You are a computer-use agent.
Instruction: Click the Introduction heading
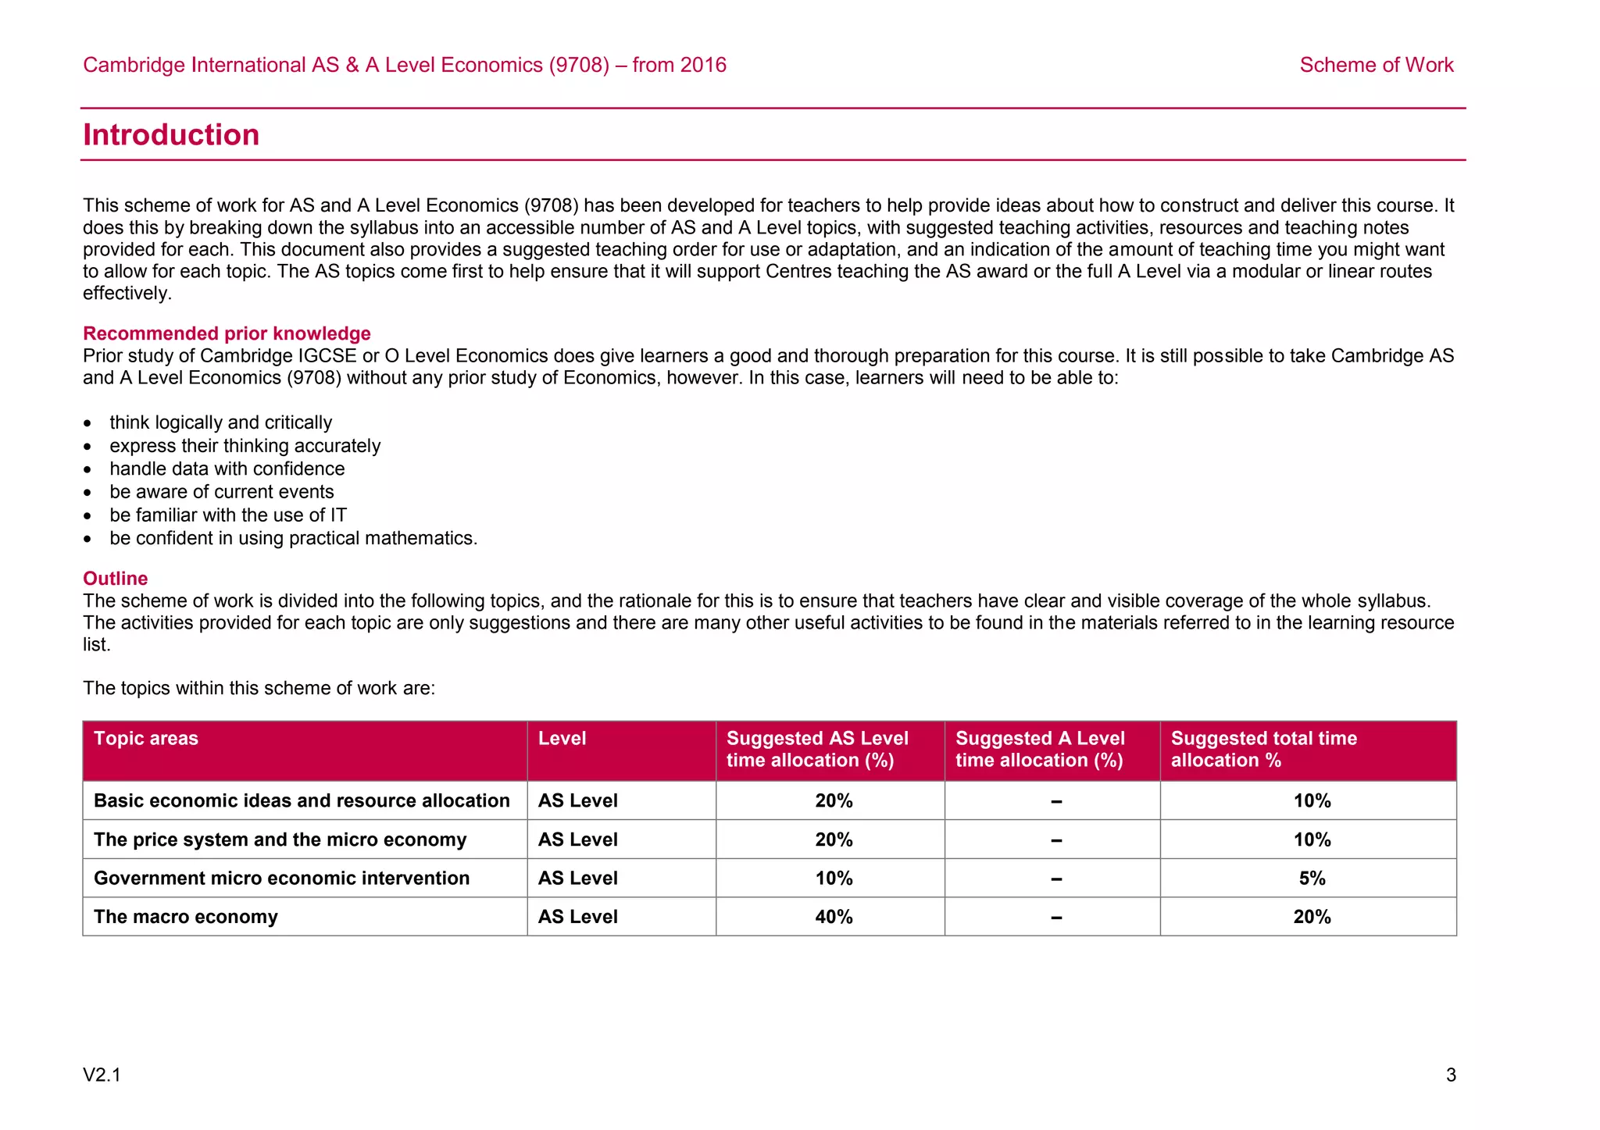coord(171,135)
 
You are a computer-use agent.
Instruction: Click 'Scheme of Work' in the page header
coord(1376,65)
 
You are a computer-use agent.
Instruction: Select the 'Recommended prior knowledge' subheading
coord(227,333)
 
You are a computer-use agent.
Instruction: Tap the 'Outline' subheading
coord(116,579)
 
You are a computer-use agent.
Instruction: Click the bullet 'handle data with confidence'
coord(227,469)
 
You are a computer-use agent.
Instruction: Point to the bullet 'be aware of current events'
coord(221,492)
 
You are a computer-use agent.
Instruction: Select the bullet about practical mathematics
coord(293,538)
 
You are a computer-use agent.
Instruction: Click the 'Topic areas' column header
coord(146,739)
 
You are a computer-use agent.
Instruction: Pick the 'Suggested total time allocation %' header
coord(1263,750)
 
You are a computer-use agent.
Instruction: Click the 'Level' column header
coord(562,739)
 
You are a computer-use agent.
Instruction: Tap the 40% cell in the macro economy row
coord(834,917)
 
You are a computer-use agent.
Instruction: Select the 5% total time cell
coord(1312,879)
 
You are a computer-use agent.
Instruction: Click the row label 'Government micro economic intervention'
coord(281,879)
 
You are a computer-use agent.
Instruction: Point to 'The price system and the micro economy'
coord(280,839)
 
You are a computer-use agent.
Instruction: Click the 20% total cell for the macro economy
coord(1312,917)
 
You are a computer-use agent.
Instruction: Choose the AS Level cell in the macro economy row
coord(577,917)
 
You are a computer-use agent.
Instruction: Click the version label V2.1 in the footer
coord(102,1075)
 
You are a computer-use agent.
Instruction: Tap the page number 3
coord(1451,1075)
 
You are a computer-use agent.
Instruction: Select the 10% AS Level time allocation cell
coord(834,879)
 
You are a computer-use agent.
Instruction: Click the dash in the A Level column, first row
coord(1055,801)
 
